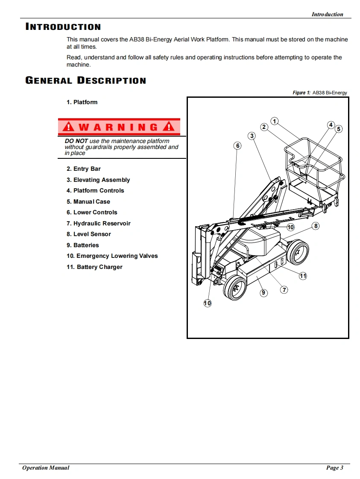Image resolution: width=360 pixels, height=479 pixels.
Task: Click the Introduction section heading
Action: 63,27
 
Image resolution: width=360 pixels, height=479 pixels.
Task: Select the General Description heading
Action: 86,81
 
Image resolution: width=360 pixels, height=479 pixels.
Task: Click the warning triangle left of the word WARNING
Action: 68,127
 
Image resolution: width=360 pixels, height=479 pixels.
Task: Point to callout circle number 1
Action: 275,121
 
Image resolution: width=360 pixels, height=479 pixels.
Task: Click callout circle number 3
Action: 252,136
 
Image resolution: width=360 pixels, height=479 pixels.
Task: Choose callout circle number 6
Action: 238,146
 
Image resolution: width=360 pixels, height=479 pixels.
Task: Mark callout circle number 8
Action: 316,226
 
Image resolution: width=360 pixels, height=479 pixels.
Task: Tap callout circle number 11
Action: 303,276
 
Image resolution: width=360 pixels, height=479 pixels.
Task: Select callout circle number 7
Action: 284,290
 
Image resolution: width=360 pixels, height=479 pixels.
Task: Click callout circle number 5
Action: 339,129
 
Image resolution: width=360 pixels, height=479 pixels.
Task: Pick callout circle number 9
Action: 263,292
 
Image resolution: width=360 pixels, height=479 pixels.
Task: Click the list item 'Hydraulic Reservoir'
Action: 98,223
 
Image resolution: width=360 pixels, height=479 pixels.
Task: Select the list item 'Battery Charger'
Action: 94,267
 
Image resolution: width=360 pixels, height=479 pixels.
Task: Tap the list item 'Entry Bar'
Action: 84,169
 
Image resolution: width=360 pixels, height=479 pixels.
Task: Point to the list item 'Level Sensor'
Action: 88,234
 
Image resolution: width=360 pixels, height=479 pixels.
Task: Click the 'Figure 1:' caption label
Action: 301,93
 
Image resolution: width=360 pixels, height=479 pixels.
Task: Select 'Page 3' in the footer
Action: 335,468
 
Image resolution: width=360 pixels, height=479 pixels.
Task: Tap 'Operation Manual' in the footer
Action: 46,468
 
